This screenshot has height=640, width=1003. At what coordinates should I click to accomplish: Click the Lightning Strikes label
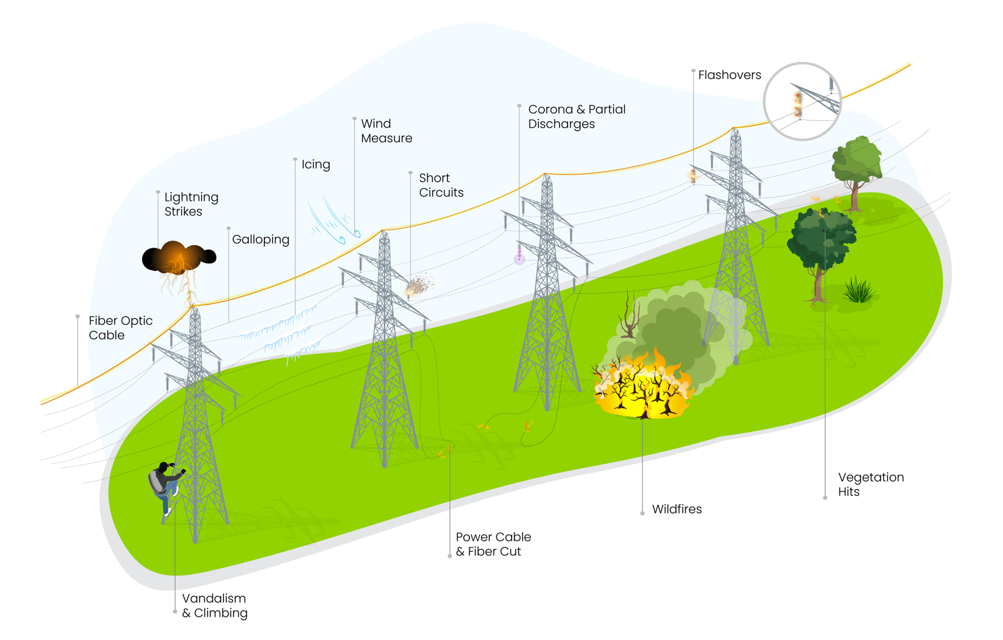pyautogui.click(x=191, y=204)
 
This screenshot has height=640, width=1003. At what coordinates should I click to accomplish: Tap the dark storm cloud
pyautogui.click(x=179, y=257)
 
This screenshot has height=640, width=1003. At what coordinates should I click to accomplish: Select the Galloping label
pyautogui.click(x=261, y=239)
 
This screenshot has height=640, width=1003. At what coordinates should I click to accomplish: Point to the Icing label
pyautogui.click(x=316, y=164)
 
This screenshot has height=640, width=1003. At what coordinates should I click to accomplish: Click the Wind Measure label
pyautogui.click(x=386, y=131)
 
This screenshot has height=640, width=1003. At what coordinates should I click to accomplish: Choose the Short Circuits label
pyautogui.click(x=441, y=185)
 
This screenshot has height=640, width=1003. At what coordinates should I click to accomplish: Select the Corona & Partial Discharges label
pyautogui.click(x=576, y=116)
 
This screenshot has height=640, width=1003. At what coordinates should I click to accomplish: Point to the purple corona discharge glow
pyautogui.click(x=519, y=257)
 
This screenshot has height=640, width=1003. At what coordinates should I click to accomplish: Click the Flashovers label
pyautogui.click(x=730, y=75)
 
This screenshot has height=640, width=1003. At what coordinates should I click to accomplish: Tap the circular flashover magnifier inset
pyautogui.click(x=802, y=101)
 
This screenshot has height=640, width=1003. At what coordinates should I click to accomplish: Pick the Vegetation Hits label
pyautogui.click(x=870, y=485)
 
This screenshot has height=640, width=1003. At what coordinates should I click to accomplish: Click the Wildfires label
pyautogui.click(x=677, y=509)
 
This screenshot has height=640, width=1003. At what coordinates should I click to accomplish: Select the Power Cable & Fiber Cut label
pyautogui.click(x=493, y=544)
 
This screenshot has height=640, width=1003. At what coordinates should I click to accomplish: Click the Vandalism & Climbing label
pyautogui.click(x=215, y=605)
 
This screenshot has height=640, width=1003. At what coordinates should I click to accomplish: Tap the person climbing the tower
pyautogui.click(x=165, y=486)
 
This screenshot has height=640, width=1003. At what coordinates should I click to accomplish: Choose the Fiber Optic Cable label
pyautogui.click(x=121, y=328)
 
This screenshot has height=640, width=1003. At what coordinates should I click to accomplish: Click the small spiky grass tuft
pyautogui.click(x=858, y=291)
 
